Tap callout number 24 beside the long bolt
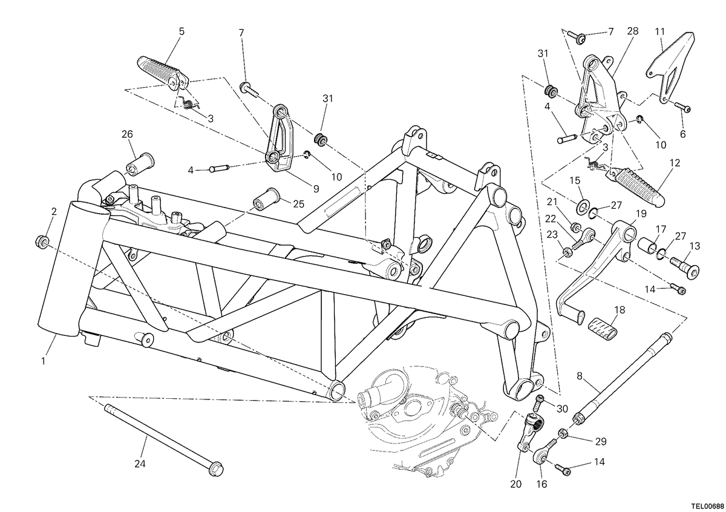[x=140, y=464]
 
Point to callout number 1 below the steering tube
[x=43, y=361]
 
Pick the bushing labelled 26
[x=140, y=164]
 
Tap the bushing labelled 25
[x=266, y=199]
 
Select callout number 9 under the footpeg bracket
[x=316, y=189]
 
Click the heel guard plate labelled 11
[x=669, y=68]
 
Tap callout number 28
[x=632, y=31]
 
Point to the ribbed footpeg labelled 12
[x=637, y=188]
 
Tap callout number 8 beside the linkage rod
[x=580, y=376]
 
